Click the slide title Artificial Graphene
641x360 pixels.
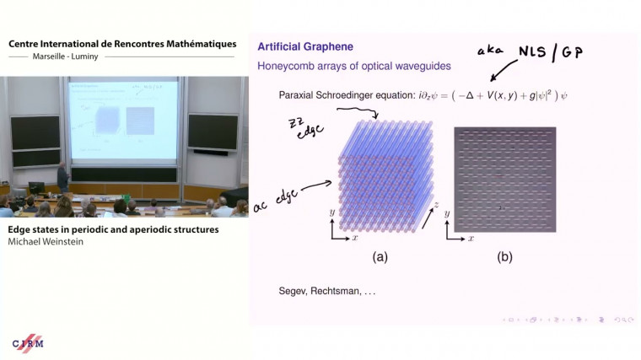pyautogui.click(x=305, y=46)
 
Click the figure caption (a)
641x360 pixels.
pyautogui.click(x=380, y=257)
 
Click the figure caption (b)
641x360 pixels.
pyautogui.click(x=504, y=257)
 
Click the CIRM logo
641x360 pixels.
pyautogui.click(x=28, y=344)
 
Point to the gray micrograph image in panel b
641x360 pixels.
pyautogui.click(x=505, y=179)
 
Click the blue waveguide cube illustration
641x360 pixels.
pyautogui.click(x=385, y=179)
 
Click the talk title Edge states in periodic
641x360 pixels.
pyautogui.click(x=113, y=229)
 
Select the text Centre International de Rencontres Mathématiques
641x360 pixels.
pyautogui.click(x=121, y=44)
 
